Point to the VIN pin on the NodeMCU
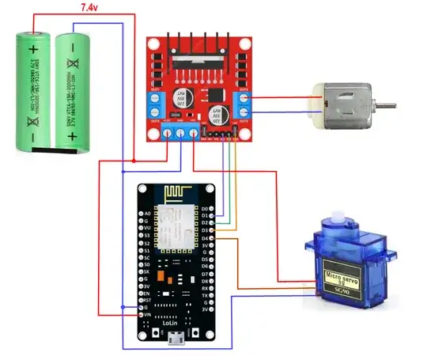[145, 315]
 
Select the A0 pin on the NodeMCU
[145, 214]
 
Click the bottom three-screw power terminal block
[180, 133]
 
